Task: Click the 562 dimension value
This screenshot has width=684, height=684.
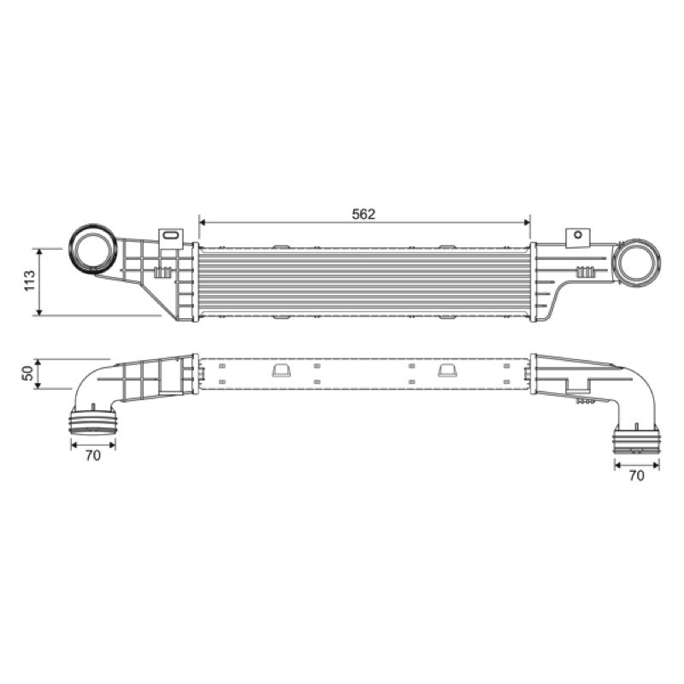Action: coord(363,214)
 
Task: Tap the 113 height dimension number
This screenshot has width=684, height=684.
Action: coord(29,281)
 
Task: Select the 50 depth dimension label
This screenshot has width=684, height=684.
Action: coord(27,374)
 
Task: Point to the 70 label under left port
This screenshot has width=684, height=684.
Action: coord(93,456)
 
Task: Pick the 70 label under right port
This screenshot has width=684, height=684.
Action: coord(636,475)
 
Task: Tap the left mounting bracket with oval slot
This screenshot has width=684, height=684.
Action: coord(170,239)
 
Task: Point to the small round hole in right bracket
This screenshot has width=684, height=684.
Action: coord(578,234)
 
